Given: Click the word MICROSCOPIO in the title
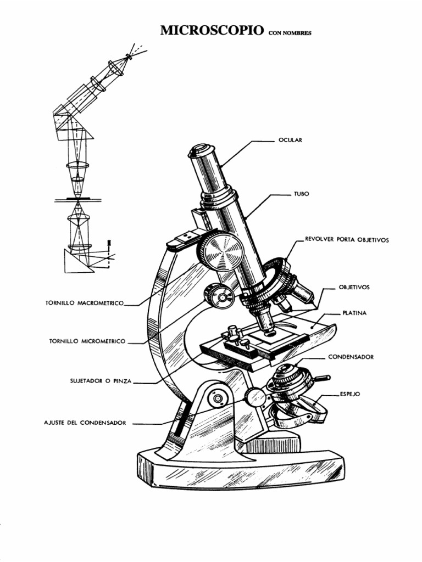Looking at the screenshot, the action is (x=211, y=31).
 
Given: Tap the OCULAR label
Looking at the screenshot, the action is (x=291, y=140).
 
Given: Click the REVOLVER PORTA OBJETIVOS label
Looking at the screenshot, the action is (x=347, y=240).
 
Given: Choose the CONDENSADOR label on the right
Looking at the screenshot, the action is (x=351, y=357).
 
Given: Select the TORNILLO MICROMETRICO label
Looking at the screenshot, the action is (x=88, y=341).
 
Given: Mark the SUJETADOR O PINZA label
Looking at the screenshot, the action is (x=101, y=380).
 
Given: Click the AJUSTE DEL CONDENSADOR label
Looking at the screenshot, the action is (x=85, y=423).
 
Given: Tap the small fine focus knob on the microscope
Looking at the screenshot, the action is (x=219, y=297).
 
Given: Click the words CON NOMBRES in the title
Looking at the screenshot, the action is (x=290, y=33).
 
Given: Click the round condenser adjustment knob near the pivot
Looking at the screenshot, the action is (x=256, y=397).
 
